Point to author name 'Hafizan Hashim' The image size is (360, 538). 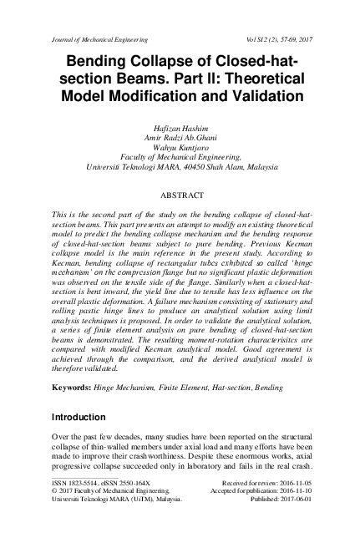pos(180,123)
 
